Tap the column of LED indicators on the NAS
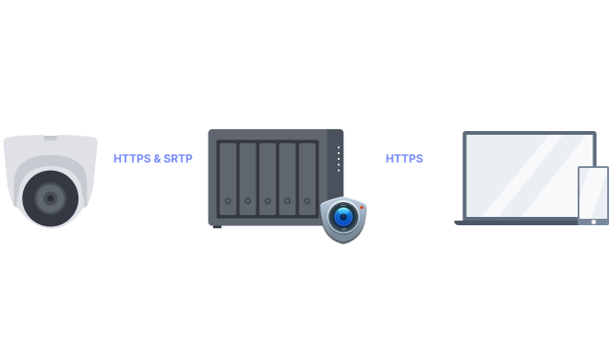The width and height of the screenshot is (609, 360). (338, 158)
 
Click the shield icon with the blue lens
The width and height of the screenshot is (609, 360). (343, 219)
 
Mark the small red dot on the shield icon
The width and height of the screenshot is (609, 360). (362, 207)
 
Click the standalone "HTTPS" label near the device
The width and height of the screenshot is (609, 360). (404, 159)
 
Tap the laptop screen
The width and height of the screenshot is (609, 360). (526, 176)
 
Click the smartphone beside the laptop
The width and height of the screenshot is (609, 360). (592, 194)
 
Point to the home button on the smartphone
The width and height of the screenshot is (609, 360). (593, 221)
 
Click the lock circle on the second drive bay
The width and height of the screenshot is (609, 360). (247, 201)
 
